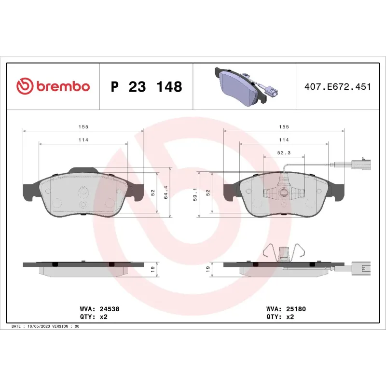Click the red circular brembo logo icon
(x=25, y=87)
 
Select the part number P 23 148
(x=146, y=87)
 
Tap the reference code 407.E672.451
(x=337, y=87)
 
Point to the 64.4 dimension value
(x=166, y=192)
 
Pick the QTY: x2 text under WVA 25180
(x=280, y=317)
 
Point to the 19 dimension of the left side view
(x=152, y=270)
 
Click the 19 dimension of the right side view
(x=208, y=270)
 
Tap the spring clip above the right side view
(x=284, y=252)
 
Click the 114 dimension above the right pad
(x=283, y=139)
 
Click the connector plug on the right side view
(x=360, y=267)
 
